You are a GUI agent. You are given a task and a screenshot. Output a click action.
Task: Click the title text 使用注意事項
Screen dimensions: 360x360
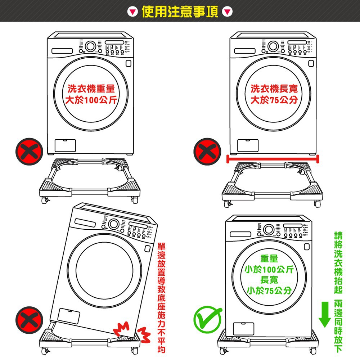click(180, 12)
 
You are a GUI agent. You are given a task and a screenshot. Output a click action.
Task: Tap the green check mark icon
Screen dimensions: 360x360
click(207, 319)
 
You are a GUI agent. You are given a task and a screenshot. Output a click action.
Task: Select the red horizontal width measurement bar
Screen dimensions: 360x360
click(273, 159)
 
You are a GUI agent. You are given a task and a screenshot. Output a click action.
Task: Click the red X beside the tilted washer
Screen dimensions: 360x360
click(29, 320)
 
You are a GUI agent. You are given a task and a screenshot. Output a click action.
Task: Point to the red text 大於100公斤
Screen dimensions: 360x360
click(91, 100)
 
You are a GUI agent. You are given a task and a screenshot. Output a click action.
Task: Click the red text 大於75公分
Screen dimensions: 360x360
click(274, 100)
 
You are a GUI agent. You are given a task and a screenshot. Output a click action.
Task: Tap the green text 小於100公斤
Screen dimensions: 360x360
click(269, 269)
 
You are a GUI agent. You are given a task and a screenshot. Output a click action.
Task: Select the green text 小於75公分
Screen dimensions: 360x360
click(269, 291)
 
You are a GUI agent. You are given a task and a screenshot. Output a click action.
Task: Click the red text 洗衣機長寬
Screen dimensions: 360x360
click(274, 89)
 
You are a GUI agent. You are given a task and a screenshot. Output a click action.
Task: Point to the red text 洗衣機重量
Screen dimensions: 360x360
click(91, 89)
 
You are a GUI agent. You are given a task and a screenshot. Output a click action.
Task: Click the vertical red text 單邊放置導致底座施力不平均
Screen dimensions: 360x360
click(161, 298)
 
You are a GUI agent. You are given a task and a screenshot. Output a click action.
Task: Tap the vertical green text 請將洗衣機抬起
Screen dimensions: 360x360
click(338, 263)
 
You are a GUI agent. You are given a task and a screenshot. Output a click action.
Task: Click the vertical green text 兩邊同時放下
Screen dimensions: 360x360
click(338, 326)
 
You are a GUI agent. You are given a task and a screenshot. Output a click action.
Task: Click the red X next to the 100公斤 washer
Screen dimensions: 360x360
click(29, 152)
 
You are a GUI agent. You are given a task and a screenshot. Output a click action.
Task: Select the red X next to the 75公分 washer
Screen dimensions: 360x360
click(207, 152)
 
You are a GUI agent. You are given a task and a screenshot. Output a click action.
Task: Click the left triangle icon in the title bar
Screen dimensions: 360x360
click(132, 12)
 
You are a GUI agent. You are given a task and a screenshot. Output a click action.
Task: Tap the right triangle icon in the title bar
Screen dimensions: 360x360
click(227, 12)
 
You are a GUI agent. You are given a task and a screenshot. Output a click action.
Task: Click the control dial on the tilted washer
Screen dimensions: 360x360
click(114, 224)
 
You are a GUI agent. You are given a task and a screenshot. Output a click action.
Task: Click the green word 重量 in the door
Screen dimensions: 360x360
click(269, 258)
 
